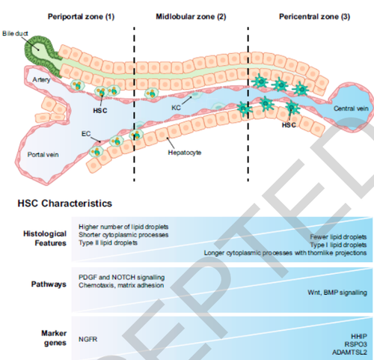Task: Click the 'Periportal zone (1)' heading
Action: [x=81, y=16]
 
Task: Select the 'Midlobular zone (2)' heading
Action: [x=191, y=16]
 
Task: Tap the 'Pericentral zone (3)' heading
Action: [x=314, y=16]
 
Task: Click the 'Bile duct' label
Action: [x=15, y=34]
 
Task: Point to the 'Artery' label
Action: [x=41, y=79]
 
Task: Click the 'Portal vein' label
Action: [x=43, y=155]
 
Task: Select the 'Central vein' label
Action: [x=351, y=109]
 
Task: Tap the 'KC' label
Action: [x=176, y=108]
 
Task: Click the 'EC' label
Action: [x=86, y=134]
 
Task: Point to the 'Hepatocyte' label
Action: [x=185, y=153]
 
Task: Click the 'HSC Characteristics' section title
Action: [x=65, y=204]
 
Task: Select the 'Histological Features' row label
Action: [x=45, y=238]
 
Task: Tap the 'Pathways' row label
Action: [x=49, y=284]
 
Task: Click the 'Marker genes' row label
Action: [x=54, y=338]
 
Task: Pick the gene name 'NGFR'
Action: [x=88, y=339]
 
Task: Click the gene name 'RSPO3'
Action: [x=355, y=344]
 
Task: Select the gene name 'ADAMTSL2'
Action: [x=349, y=353]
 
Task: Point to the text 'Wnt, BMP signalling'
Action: [x=337, y=293]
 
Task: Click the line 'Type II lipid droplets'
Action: [x=108, y=242]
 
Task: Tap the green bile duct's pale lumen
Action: [x=37, y=49]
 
